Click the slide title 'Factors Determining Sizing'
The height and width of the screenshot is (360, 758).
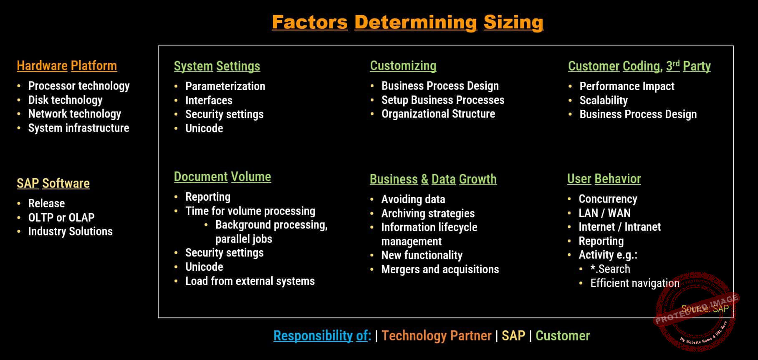[x=407, y=22]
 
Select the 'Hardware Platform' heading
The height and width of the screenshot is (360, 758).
[x=67, y=66]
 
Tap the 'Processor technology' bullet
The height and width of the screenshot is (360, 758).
[x=79, y=86]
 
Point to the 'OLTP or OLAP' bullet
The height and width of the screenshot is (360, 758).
[x=61, y=217]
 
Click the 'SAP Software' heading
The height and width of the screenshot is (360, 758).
[x=53, y=184]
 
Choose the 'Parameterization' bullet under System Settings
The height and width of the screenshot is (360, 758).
[x=225, y=86]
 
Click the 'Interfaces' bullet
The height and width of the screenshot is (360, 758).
[x=209, y=101]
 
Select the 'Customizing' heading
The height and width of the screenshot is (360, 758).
[x=403, y=66]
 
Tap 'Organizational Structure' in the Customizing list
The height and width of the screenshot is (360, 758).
[x=438, y=114]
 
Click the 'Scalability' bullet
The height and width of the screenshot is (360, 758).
[x=604, y=101]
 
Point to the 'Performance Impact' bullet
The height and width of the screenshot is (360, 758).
[x=627, y=86]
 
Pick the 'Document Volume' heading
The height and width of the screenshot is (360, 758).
[x=222, y=177]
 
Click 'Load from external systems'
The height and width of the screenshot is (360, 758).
[x=250, y=281]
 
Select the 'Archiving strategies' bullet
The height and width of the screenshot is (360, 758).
[x=428, y=214]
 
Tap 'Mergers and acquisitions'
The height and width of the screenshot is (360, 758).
[x=440, y=269]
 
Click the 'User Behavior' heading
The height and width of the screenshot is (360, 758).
[x=604, y=179]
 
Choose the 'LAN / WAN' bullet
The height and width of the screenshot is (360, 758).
[x=604, y=213]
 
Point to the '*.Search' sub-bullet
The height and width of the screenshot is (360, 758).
[x=610, y=269]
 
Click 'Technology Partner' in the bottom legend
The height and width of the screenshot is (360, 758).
[x=437, y=336]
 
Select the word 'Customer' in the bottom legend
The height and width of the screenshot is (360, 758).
[x=563, y=336]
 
